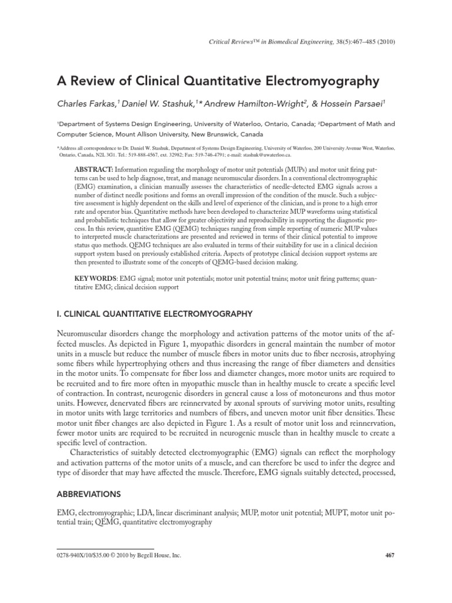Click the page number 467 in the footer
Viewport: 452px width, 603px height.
click(x=389, y=572)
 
